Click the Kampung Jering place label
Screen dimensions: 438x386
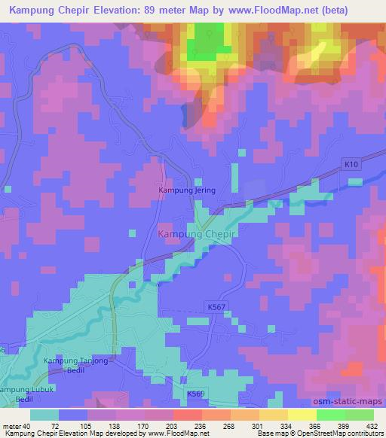pos(186,190)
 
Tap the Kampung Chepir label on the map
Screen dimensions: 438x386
pos(197,234)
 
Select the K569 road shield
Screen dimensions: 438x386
pos(196,394)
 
